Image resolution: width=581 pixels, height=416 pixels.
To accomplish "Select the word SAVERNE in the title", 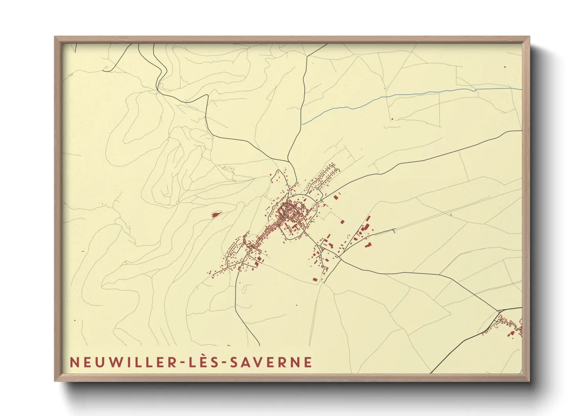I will tap(271, 362).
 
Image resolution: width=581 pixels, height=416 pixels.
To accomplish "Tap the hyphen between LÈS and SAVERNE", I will tap(225, 363).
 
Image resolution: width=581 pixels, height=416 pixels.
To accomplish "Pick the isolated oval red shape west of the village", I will tap(216, 214).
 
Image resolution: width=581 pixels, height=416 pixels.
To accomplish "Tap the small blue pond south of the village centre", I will tap(283, 243).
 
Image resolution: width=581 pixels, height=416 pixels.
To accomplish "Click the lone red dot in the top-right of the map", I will tap(505, 67).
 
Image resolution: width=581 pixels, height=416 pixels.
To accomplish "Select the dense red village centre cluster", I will tap(289, 212).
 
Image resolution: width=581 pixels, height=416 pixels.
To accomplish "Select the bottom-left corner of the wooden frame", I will tap(56, 380).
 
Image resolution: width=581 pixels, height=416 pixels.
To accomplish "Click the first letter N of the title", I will tap(73, 362).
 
